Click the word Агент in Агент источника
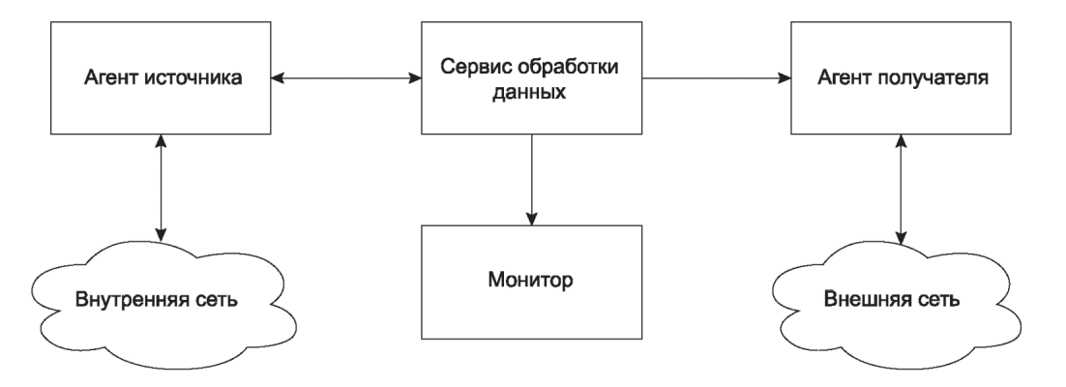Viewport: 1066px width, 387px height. tap(111, 78)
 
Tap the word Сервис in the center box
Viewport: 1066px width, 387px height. tap(475, 68)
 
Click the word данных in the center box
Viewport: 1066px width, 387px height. tap(531, 92)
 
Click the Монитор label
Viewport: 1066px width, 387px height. tap(531, 280)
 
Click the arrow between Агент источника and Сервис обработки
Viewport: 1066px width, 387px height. tap(346, 78)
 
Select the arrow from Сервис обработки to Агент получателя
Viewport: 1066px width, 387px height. tap(717, 78)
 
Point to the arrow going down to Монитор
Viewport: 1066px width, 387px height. tap(531, 180)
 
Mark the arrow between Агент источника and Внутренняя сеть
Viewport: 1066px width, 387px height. tap(162, 187)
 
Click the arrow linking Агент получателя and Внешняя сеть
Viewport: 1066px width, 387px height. tap(902, 190)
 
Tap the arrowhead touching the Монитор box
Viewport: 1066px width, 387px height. tap(531, 219)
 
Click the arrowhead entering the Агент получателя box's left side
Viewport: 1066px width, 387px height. tap(784, 78)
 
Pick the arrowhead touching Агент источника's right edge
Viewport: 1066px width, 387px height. tap(278, 78)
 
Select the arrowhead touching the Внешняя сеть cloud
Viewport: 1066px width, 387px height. tap(902, 238)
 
